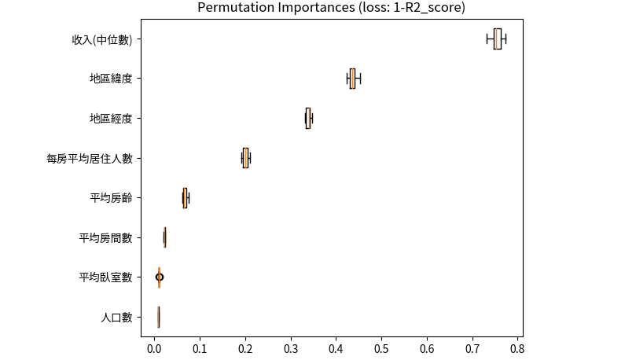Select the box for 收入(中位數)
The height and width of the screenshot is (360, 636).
[x=498, y=39]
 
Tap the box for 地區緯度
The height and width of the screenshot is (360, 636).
[x=352, y=79]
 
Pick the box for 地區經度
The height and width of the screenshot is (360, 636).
[x=307, y=118]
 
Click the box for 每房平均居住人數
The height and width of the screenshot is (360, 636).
[x=245, y=158]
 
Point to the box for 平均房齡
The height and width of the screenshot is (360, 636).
[x=185, y=198]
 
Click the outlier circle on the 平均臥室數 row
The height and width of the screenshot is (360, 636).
[x=160, y=277]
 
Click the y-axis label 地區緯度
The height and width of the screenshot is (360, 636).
[x=116, y=79]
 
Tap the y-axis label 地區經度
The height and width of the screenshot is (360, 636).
[x=116, y=119]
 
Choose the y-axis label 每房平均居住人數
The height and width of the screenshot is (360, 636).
[x=94, y=158]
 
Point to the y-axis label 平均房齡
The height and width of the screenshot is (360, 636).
[x=116, y=198]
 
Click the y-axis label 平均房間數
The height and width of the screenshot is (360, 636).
[x=111, y=237]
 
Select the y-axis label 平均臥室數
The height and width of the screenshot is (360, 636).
[x=111, y=277]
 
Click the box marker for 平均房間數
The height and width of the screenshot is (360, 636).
[x=165, y=237]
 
